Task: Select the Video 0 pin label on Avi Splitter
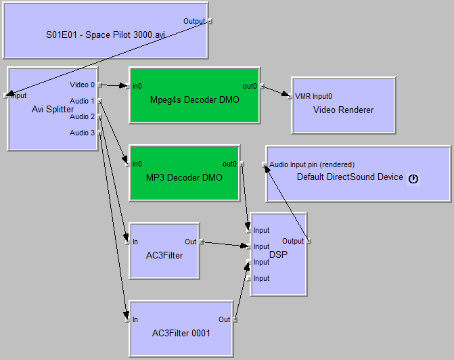83,85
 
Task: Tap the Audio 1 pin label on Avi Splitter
83,101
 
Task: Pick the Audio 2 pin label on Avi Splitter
83,116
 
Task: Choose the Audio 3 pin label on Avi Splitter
83,133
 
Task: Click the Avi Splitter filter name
53,109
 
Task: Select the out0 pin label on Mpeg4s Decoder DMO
250,86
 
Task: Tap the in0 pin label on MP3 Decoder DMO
137,164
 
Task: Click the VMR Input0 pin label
314,96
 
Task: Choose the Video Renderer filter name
343,110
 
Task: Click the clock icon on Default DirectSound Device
413,179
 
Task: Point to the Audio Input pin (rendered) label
312,164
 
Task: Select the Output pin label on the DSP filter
293,241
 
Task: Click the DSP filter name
278,254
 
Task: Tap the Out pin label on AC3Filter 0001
224,319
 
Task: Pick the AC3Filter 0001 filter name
181,333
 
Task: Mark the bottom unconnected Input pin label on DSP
261,278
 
